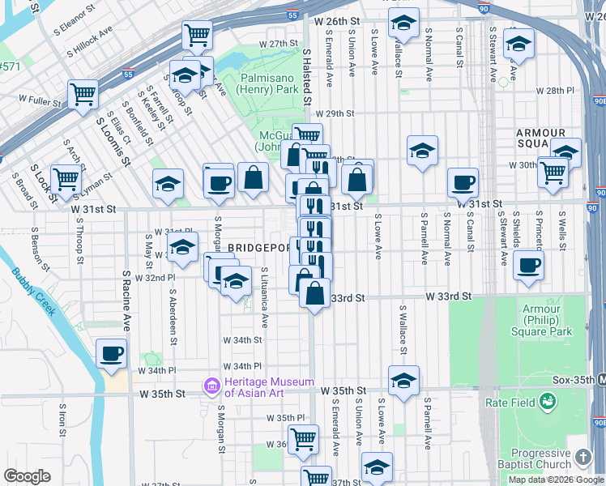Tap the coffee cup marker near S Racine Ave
(x=111, y=353)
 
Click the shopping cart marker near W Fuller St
(x=83, y=94)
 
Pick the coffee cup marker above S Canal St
(x=463, y=182)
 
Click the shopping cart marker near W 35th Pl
(x=303, y=439)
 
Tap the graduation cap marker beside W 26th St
(x=402, y=24)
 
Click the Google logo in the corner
(x=27, y=476)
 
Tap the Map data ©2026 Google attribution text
(x=556, y=480)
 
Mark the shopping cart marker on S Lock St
(x=66, y=178)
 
